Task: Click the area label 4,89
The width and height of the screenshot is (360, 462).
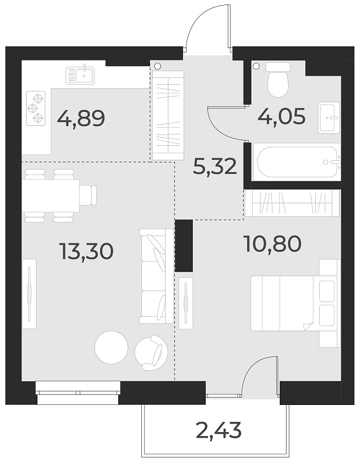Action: tap(81, 119)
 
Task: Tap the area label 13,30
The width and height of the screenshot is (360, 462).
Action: tap(86, 251)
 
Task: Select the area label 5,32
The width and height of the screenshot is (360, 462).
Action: tap(214, 167)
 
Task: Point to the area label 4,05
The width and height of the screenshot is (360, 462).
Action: tap(281, 117)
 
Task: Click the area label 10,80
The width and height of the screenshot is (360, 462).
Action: tap(272, 243)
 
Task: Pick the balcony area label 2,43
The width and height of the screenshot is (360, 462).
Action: tap(219, 431)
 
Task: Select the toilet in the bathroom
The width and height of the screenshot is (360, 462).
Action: tap(277, 80)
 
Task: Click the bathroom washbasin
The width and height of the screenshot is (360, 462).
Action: tap(329, 117)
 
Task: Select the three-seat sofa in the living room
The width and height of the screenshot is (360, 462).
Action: tap(157, 276)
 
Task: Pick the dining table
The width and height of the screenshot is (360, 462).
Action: tap(51, 194)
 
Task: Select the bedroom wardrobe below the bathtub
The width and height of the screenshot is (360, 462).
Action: tap(292, 203)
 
